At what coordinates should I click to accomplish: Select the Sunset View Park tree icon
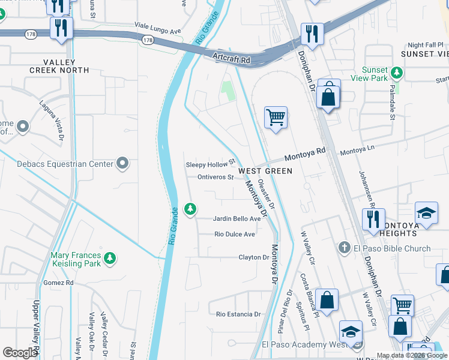pyautogui.click(x=396, y=73)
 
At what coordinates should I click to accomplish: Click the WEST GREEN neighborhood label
pyautogui.click(x=265, y=171)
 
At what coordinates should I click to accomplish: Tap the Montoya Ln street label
pyautogui.click(x=357, y=153)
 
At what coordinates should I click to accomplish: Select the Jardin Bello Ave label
pyautogui.click(x=237, y=219)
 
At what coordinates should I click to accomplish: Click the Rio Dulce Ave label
pyautogui.click(x=235, y=234)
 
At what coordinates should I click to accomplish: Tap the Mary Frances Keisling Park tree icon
pyautogui.click(x=109, y=258)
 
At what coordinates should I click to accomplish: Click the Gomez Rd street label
pyautogui.click(x=58, y=283)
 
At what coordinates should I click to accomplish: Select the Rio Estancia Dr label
pyautogui.click(x=238, y=314)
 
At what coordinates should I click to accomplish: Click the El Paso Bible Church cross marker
pyautogui.click(x=344, y=248)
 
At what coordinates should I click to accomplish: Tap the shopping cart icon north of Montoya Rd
pyautogui.click(x=276, y=117)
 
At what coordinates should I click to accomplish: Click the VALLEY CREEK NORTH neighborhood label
pyautogui.click(x=59, y=66)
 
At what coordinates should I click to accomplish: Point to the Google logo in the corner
pyautogui.click(x=19, y=353)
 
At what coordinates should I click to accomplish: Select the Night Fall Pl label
pyautogui.click(x=424, y=45)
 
